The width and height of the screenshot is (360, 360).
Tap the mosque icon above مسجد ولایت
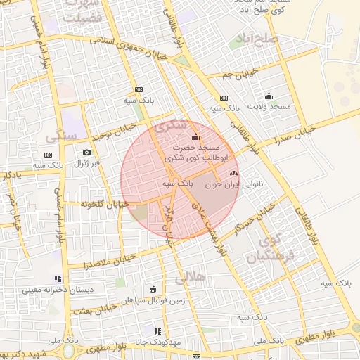click(269, 96)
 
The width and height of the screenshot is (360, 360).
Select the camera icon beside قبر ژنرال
click(86, 153)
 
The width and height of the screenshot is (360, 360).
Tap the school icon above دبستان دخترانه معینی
click(57, 278)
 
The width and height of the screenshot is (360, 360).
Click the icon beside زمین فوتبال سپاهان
click(153, 288)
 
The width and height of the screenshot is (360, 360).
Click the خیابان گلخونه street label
click(104, 204)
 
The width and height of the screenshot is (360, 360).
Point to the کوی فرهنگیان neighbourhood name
click(265, 250)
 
